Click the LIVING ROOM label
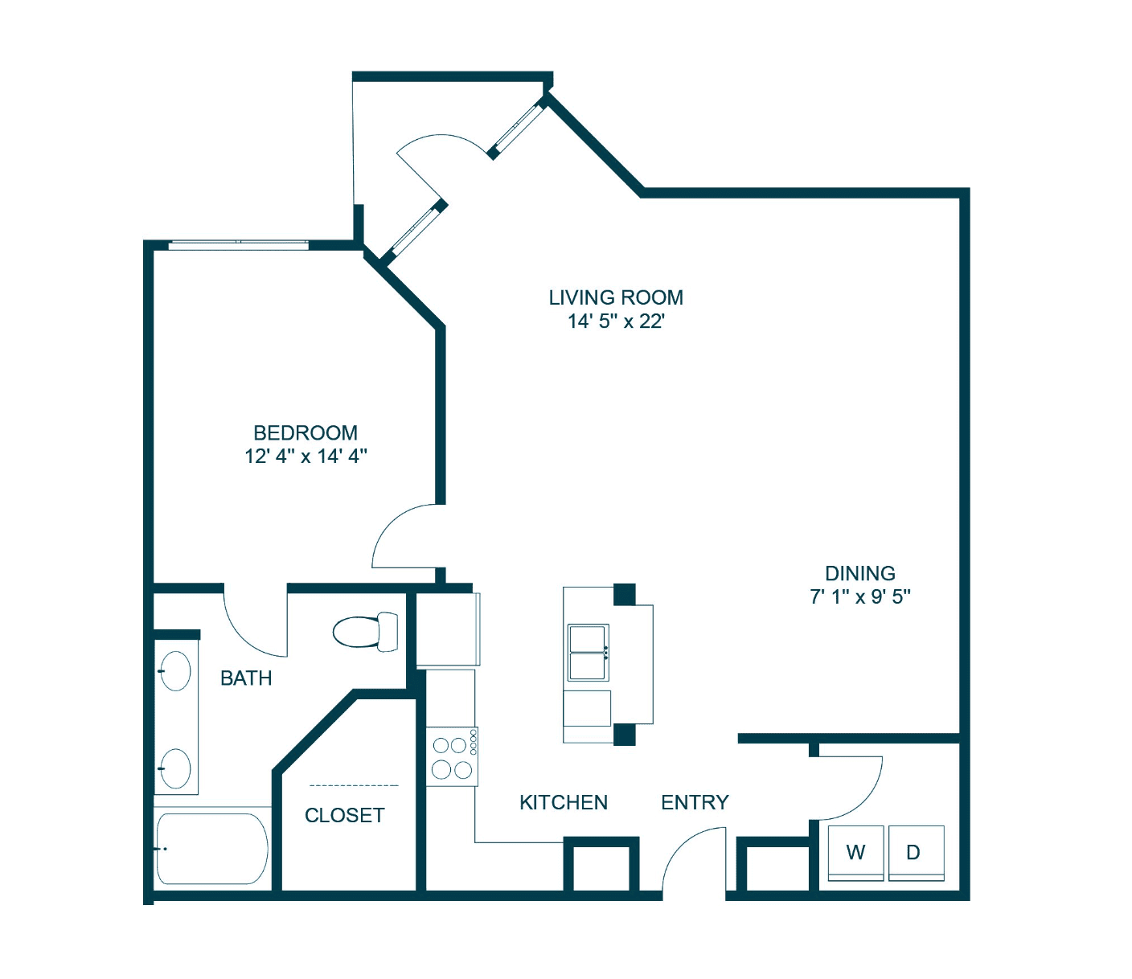616,297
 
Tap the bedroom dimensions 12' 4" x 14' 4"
306,456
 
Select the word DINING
859,573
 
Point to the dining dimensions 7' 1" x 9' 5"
859,596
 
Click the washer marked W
855,853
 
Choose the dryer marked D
917,853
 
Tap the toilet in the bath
365,632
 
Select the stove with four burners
452,756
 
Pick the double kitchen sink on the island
589,653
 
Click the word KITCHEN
564,802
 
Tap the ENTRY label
695,802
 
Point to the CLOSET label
344,815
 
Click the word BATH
246,678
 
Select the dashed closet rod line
354,786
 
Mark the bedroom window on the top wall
238,244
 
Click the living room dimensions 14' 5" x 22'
616,321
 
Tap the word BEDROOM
306,432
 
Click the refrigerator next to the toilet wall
448,629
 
